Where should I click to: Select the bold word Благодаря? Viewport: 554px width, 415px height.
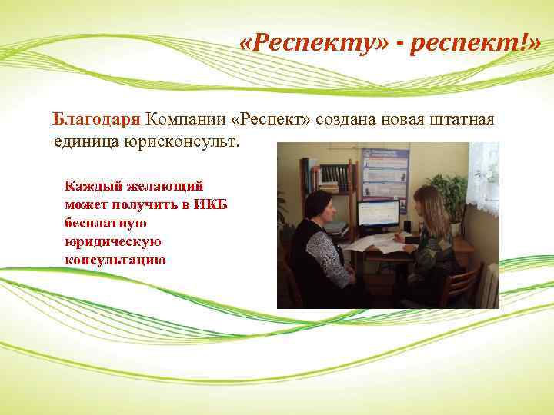[96, 120]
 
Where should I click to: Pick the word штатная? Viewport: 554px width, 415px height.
[460, 120]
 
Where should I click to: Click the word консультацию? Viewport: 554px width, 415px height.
[116, 260]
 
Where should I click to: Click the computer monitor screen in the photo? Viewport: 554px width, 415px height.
[379, 214]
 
